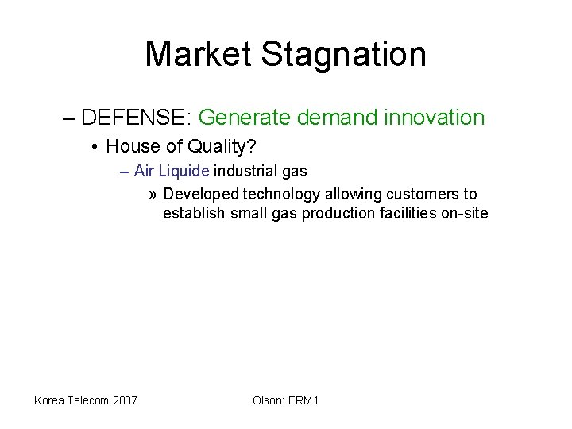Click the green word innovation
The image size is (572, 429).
[x=435, y=118]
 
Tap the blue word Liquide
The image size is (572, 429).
[x=184, y=171]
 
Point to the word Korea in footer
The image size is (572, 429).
[x=51, y=400]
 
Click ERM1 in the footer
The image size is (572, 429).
[x=303, y=400]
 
